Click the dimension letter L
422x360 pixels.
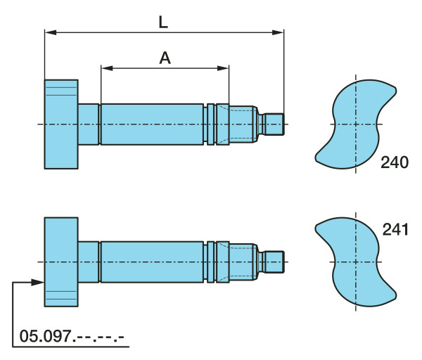click(x=163, y=22)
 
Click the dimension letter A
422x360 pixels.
click(x=165, y=58)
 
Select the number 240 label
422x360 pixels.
click(x=395, y=162)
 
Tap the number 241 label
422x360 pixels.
click(x=395, y=230)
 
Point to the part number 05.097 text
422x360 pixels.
click(x=72, y=336)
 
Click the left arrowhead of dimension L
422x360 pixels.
click(x=51, y=32)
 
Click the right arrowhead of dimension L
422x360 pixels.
click(x=278, y=32)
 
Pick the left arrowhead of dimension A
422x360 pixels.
click(x=107, y=68)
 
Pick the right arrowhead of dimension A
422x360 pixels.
click(x=223, y=68)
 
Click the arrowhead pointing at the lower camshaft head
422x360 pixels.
click(x=38, y=282)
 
